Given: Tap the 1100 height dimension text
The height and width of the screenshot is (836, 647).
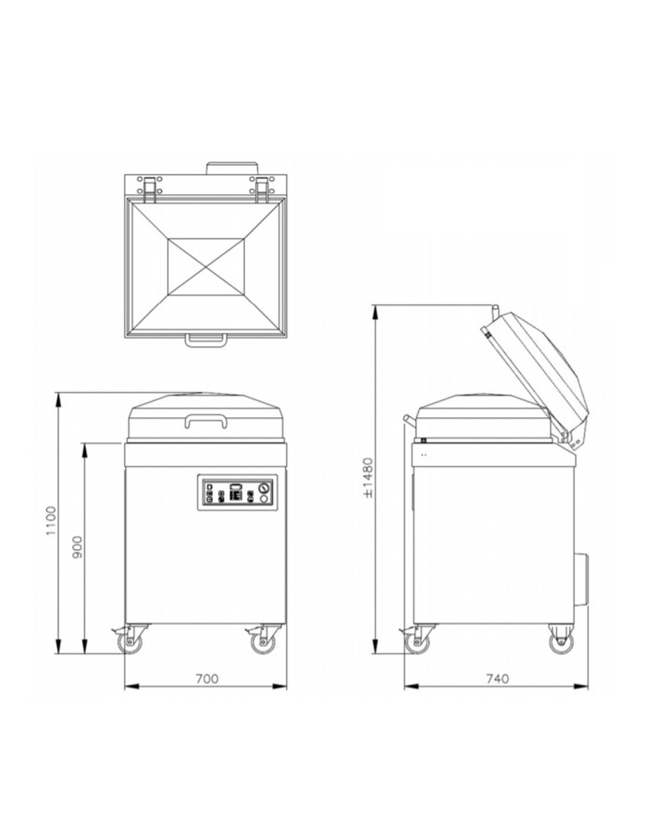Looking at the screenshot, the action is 51,521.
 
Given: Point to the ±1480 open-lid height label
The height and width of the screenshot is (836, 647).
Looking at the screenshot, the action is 368,477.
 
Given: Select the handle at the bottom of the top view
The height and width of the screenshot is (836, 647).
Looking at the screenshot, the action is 205,340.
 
